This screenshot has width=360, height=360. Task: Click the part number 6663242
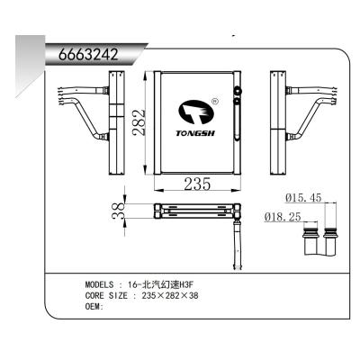click(88, 53)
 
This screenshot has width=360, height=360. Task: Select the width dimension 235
click(197, 184)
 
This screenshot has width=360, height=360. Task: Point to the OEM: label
click(94, 306)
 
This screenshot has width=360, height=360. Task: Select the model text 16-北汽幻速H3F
click(162, 283)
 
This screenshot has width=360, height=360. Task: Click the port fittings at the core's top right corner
click(237, 94)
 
